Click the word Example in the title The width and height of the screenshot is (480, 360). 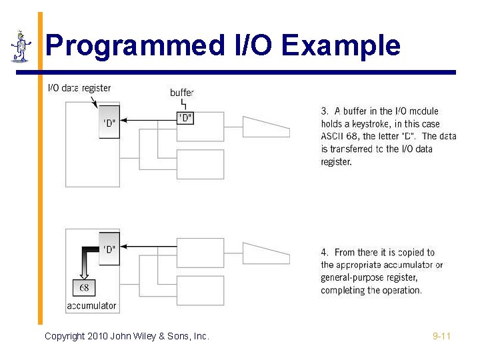click(341, 46)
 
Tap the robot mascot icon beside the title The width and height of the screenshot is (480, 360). click(21, 46)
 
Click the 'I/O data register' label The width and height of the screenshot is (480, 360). click(79, 88)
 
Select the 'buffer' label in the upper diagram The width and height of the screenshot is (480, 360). click(182, 93)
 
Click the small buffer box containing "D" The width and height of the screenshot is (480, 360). click(185, 118)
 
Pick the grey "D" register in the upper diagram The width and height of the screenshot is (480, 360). click(109, 122)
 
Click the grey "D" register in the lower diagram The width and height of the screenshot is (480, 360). click(109, 248)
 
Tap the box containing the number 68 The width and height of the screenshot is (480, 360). click(84, 288)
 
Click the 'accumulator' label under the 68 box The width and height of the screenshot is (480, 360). click(92, 306)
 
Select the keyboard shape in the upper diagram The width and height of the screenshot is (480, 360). click(265, 125)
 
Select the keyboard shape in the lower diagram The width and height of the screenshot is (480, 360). click(265, 253)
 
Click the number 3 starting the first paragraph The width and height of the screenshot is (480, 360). click(324, 111)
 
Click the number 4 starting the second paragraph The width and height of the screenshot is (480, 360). click(324, 253)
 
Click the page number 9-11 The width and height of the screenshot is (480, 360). click(441, 337)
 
